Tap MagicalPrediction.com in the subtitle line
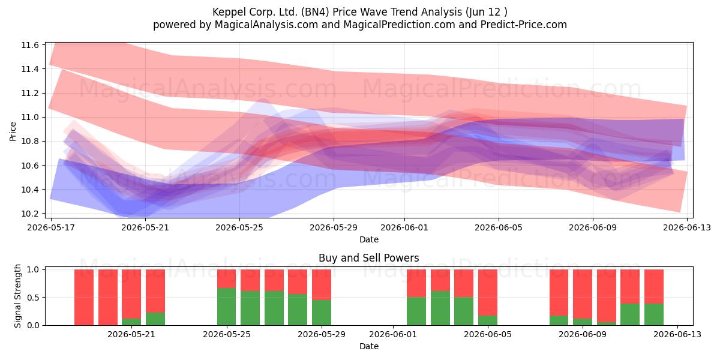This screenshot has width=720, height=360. [399, 25]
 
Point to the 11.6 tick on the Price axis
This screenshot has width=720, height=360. [30, 45]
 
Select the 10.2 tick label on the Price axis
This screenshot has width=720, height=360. [30, 214]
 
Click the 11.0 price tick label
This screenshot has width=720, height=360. [30, 118]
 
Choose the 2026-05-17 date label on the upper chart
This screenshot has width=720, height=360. [51, 227]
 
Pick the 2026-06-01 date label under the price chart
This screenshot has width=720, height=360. [404, 227]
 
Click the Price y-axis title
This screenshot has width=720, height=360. [13, 131]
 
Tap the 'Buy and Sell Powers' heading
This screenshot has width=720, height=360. [368, 258]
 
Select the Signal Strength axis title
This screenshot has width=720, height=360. [17, 296]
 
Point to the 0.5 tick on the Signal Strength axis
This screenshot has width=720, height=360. [33, 298]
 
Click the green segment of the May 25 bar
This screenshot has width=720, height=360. [227, 307]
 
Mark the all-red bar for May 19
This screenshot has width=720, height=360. [107, 298]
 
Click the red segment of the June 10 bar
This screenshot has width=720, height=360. [607, 296]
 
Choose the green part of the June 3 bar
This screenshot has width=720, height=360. [440, 308]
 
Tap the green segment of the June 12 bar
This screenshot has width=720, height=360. [654, 314]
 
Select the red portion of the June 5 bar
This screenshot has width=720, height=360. [488, 293]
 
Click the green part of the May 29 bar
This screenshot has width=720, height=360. [322, 313]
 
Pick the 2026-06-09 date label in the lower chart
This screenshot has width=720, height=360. [583, 334]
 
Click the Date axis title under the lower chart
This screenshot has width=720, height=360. [368, 346]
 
